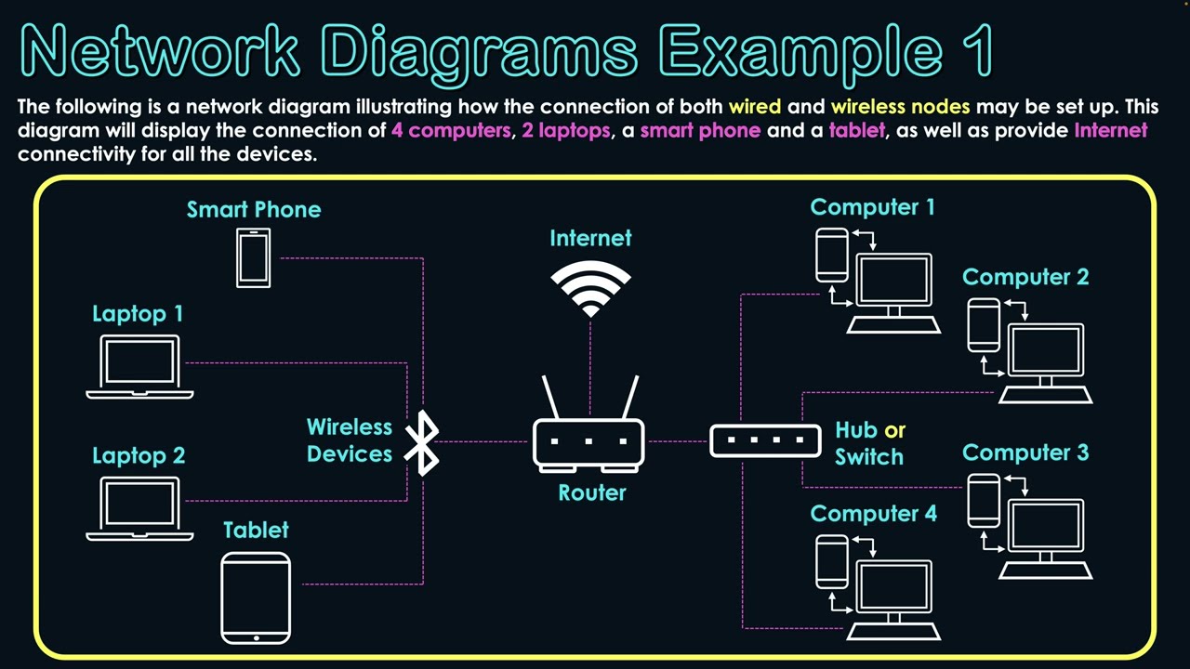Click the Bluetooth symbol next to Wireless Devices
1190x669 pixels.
point(424,442)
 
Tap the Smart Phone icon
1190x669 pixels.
point(253,258)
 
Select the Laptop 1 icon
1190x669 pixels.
point(139,367)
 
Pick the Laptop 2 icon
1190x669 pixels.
point(139,507)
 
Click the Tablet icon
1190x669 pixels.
point(256,597)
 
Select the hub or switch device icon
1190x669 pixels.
point(765,440)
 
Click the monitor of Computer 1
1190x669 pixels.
point(893,280)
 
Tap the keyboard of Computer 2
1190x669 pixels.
point(1045,394)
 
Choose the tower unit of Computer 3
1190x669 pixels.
point(984,500)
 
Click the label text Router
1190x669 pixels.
point(592,493)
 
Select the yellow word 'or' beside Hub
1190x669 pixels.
point(894,430)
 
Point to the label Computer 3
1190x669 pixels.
point(1025,453)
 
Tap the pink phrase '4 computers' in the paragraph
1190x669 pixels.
point(451,130)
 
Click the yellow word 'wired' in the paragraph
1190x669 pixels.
point(755,107)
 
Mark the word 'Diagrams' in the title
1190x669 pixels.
point(479,51)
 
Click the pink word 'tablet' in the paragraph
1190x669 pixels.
point(856,130)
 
